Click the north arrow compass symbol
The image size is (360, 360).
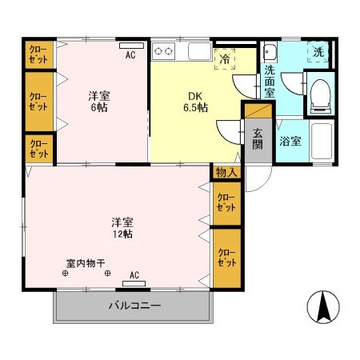click(323, 306)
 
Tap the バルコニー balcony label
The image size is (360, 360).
click(135, 306)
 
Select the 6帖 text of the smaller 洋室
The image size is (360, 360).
click(100, 109)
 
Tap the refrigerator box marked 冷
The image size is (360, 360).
click(225, 58)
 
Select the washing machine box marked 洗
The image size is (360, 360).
click(319, 53)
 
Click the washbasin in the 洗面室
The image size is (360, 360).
click(270, 54)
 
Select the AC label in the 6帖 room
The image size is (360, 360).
click(130, 55)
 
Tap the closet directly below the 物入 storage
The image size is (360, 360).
click(226, 202)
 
